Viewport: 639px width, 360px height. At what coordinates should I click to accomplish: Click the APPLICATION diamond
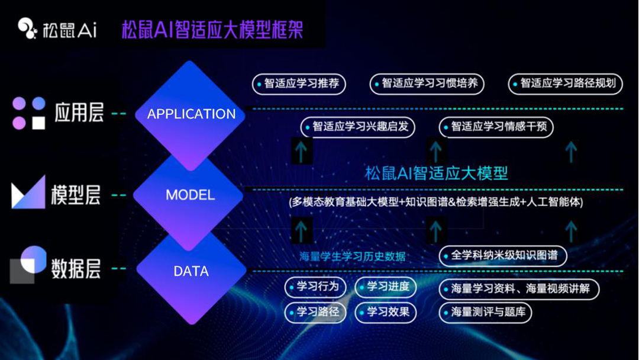[x=191, y=114]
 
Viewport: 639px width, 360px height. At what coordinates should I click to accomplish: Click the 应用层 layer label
[x=79, y=112]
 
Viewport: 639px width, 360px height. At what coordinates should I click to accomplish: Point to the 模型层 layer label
[x=76, y=194]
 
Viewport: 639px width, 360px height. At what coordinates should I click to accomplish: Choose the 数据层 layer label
[x=76, y=269]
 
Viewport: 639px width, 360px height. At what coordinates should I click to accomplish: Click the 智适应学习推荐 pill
[x=299, y=84]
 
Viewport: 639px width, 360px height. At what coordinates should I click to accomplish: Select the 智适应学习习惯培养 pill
[x=427, y=84]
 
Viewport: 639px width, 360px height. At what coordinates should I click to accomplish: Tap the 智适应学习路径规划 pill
[x=565, y=84]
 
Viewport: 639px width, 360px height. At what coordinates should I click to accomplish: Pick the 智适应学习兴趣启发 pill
[x=357, y=127]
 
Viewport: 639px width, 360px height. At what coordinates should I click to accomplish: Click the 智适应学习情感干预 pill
[x=496, y=127]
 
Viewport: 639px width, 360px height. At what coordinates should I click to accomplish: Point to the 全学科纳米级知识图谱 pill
[x=503, y=256]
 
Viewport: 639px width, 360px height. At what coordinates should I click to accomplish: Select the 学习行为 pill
[x=315, y=287]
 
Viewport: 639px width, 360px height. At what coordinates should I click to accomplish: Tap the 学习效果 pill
[x=386, y=312]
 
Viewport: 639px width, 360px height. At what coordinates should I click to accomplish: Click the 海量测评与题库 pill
[x=485, y=312]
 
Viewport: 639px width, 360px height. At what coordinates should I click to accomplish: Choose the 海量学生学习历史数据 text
[x=353, y=256]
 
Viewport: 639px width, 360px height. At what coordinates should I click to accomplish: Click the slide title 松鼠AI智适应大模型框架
[x=212, y=30]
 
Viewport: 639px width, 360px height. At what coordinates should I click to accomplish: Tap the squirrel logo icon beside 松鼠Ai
[x=27, y=28]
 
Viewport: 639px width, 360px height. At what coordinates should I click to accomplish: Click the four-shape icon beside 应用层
[x=29, y=113]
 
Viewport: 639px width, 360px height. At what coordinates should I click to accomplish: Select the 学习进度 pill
[x=386, y=287]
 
